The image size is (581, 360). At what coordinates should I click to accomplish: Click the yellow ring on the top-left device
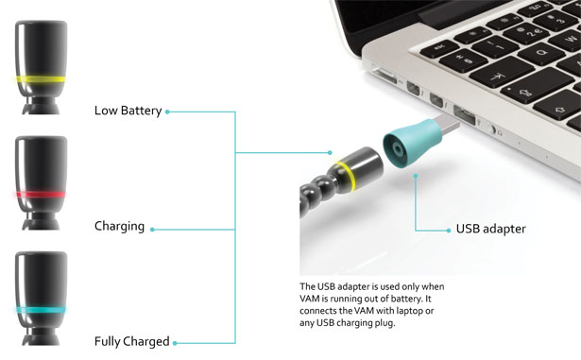coord(40,79)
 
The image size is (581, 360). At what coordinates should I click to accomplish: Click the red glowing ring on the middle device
coord(40,195)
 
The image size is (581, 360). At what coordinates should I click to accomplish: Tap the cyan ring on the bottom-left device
coord(40,309)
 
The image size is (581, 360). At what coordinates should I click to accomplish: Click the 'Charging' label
coord(119,227)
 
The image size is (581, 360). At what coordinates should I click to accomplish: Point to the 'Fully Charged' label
coord(131,341)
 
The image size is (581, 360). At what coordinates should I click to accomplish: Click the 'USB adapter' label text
coord(490,229)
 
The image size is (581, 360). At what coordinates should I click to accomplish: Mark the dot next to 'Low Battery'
coord(167,111)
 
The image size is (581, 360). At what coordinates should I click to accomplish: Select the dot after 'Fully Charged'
coord(176,341)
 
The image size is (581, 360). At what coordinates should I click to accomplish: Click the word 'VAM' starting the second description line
coord(312,299)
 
